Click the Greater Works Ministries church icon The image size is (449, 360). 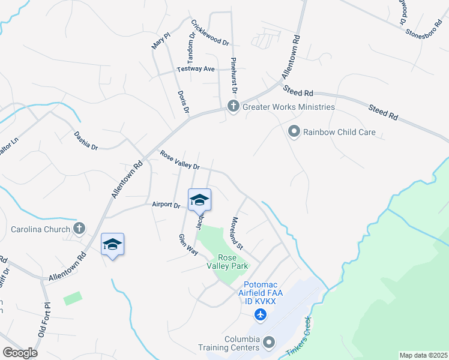pos(233,107)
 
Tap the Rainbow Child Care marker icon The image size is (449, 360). pos(294,131)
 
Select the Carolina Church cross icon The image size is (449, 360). pos(79,229)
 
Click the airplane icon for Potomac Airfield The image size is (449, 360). pos(260,314)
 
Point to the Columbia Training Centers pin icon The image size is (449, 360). pos(269,343)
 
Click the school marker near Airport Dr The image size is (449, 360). pos(199,200)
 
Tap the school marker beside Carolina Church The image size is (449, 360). pos(112,244)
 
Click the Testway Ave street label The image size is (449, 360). pos(196,69)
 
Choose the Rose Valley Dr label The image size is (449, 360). pos(179,160)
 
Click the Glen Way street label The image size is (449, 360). pos(188,244)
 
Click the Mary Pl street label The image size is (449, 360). pos(158,39)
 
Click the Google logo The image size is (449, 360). pos(20,353)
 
